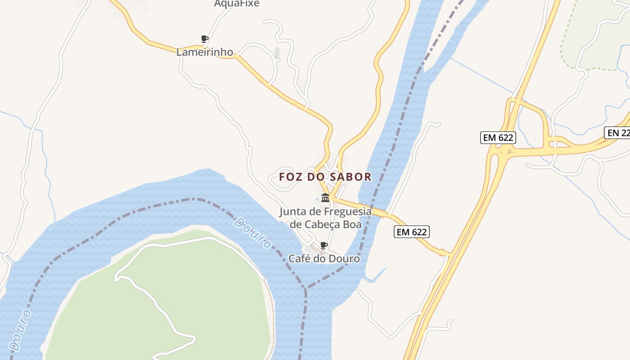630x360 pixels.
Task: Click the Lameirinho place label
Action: (204, 52)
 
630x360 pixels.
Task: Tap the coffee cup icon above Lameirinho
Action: (204, 39)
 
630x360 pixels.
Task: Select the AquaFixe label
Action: (237, 4)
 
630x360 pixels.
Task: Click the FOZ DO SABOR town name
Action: (325, 177)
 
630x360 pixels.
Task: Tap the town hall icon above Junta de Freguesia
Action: (325, 198)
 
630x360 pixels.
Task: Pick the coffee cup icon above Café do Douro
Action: (324, 245)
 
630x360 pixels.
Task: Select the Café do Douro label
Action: (324, 259)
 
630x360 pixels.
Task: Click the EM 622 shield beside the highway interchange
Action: (498, 138)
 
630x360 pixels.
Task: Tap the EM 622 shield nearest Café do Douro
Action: (412, 232)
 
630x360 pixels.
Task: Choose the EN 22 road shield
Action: (617, 133)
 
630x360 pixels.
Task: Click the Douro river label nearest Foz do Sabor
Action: (253, 233)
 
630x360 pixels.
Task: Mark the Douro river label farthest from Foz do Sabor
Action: (21, 330)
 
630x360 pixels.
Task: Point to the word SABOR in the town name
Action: (351, 177)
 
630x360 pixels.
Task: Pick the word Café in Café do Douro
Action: (299, 259)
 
